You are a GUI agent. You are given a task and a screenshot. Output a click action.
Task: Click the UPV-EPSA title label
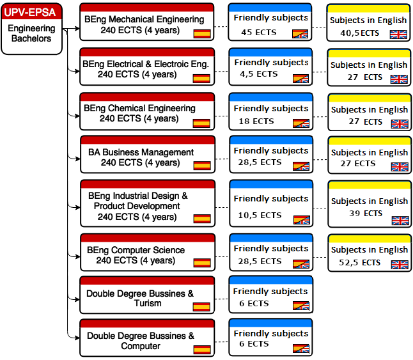click(x=30, y=12)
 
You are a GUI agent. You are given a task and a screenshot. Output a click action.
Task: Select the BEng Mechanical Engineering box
click(x=146, y=22)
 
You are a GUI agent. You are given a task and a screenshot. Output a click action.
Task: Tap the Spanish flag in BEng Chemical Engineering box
click(x=201, y=123)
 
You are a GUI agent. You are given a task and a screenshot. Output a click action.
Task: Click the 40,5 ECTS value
click(x=359, y=33)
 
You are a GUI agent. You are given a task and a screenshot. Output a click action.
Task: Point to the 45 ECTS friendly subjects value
click(x=259, y=33)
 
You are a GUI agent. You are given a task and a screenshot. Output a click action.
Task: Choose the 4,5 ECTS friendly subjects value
click(x=259, y=74)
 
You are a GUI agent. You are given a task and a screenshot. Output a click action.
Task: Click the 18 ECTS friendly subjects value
click(x=256, y=121)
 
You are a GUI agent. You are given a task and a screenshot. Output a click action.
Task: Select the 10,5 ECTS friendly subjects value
click(x=260, y=215)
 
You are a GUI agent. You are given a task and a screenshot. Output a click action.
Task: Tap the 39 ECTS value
click(x=366, y=214)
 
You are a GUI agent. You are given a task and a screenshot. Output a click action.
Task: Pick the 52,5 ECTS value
click(x=359, y=263)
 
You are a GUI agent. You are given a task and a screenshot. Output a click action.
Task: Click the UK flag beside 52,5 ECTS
click(x=400, y=264)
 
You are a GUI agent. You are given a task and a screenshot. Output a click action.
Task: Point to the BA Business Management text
click(x=141, y=152)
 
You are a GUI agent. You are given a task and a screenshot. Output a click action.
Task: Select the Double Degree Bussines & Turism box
click(x=147, y=295)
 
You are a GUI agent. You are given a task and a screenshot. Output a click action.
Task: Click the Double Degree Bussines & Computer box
click(x=147, y=338)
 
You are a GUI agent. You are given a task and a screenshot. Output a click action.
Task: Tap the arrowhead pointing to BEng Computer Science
click(x=77, y=256)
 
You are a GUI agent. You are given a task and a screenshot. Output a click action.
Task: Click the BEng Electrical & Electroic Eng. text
click(x=146, y=64)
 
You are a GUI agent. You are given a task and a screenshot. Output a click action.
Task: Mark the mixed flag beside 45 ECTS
click(x=300, y=34)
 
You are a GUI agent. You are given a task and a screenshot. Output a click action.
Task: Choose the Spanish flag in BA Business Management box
click(x=202, y=166)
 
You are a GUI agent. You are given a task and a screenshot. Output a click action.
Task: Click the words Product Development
click(x=137, y=206)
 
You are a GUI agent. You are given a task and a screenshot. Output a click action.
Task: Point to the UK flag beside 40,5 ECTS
click(x=398, y=35)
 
